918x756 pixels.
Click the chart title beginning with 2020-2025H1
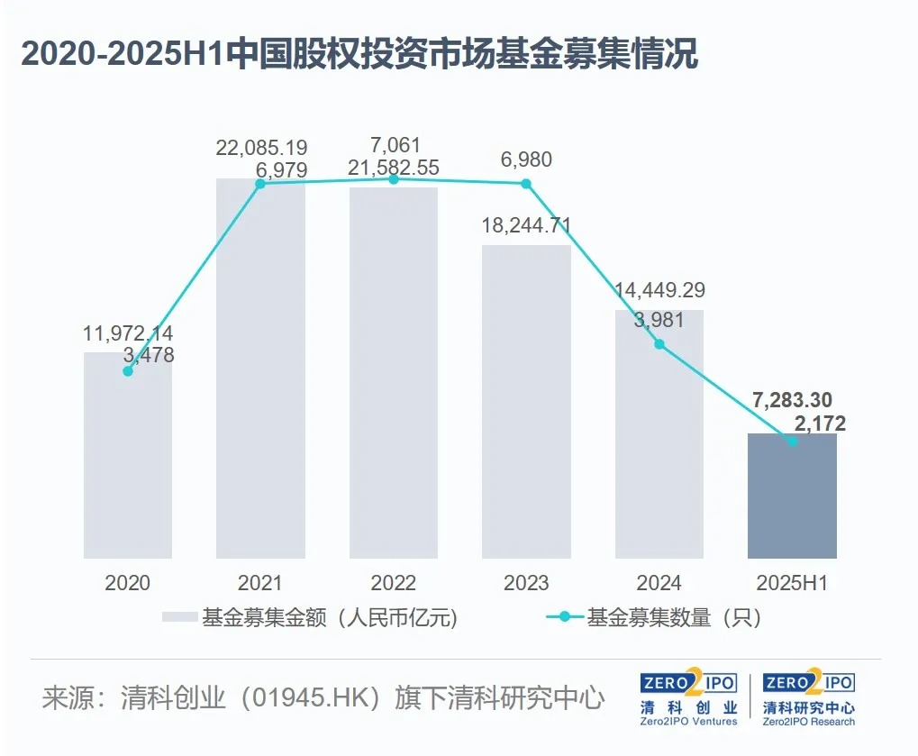coord(359,55)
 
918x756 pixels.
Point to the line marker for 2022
coord(394,179)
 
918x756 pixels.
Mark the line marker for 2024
coord(659,344)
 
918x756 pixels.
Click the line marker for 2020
coord(128,371)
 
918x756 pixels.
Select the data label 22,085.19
coord(261,146)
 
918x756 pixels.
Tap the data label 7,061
coord(394,146)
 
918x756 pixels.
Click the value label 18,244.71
coord(526,225)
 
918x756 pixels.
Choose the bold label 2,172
coord(815,423)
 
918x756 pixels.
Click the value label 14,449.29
coord(659,290)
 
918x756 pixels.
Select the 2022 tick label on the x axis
coord(394,583)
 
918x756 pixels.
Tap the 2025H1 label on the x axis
coord(792,583)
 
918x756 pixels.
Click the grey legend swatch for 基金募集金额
coord(178,617)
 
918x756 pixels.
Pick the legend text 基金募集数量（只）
coord(675,617)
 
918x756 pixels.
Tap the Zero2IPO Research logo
coord(809,698)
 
